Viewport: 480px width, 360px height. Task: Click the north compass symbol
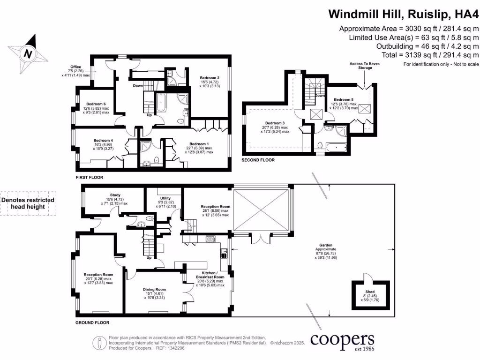pyautogui.click(x=28, y=52)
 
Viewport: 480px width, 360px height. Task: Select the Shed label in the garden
pyautogui.click(x=371, y=292)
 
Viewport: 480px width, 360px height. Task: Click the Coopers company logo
pyautogui.click(x=343, y=341)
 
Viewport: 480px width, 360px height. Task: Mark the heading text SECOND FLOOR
pyautogui.click(x=258, y=160)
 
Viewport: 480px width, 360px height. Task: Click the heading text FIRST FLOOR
pyautogui.click(x=89, y=178)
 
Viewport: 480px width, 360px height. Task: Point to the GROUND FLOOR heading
pyautogui.click(x=92, y=322)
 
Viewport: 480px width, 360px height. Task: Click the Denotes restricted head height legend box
pyautogui.click(x=28, y=203)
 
